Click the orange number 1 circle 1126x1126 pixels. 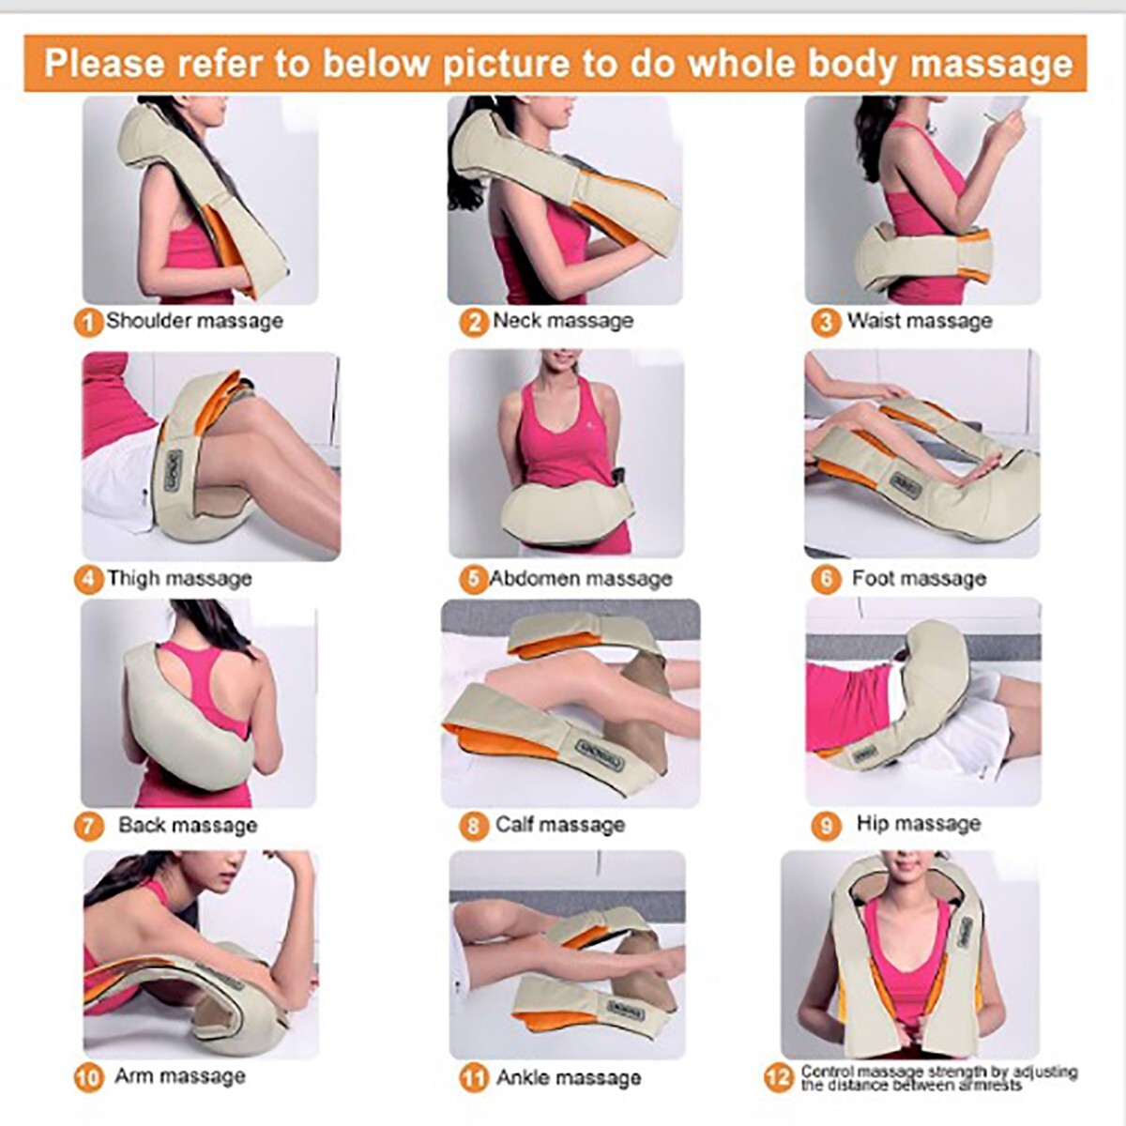pos(87,323)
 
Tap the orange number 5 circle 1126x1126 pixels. pos(474,579)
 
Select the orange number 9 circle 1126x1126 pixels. pos(826,826)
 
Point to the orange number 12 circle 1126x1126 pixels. pos(779,1077)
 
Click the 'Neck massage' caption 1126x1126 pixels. pos(563,321)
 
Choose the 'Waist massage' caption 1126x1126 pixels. pos(920,322)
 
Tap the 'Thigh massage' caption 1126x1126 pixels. pos(179,578)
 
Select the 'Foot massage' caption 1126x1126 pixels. pos(919,578)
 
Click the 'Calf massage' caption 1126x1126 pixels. pos(560,825)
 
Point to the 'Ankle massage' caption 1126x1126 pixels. pos(569,1077)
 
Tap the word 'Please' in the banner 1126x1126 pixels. pos(104,64)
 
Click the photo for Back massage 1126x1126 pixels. pos(199,704)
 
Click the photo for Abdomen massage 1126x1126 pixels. pos(567,454)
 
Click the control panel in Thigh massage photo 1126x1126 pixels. pos(174,468)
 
